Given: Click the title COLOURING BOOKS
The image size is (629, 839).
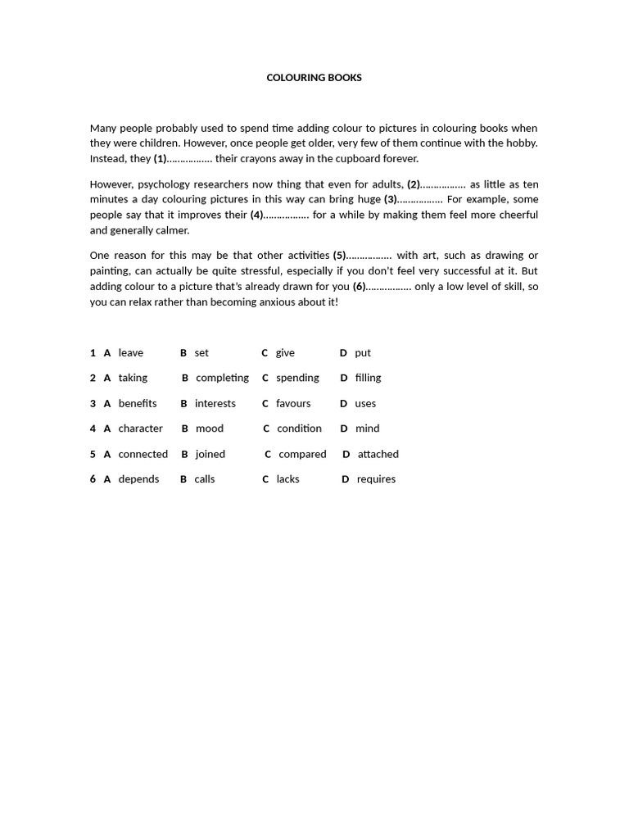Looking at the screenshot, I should point(314,78).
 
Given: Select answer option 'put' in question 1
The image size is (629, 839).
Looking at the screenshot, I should point(363,353).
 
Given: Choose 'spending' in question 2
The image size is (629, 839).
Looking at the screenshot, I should point(297,379).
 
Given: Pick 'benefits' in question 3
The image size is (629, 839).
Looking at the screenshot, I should point(137,404).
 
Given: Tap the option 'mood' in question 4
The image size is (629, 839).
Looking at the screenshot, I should point(209,429).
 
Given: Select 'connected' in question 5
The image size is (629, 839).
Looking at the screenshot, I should point(143,454).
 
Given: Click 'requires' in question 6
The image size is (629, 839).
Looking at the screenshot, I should point(376,479).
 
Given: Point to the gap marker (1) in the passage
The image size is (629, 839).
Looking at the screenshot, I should point(161,159).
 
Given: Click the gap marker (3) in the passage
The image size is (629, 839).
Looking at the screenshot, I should point(391,199).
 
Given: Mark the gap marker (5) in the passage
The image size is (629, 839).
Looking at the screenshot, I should point(339,256).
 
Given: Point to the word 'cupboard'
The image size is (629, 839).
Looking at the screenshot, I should point(362,159).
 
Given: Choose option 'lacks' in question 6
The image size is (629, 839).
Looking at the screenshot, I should point(287,479).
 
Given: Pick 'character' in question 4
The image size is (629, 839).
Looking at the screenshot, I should point(140,429).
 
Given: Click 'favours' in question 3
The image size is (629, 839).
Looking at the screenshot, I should point(293,404).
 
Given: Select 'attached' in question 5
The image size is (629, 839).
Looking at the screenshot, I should point(378,454).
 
